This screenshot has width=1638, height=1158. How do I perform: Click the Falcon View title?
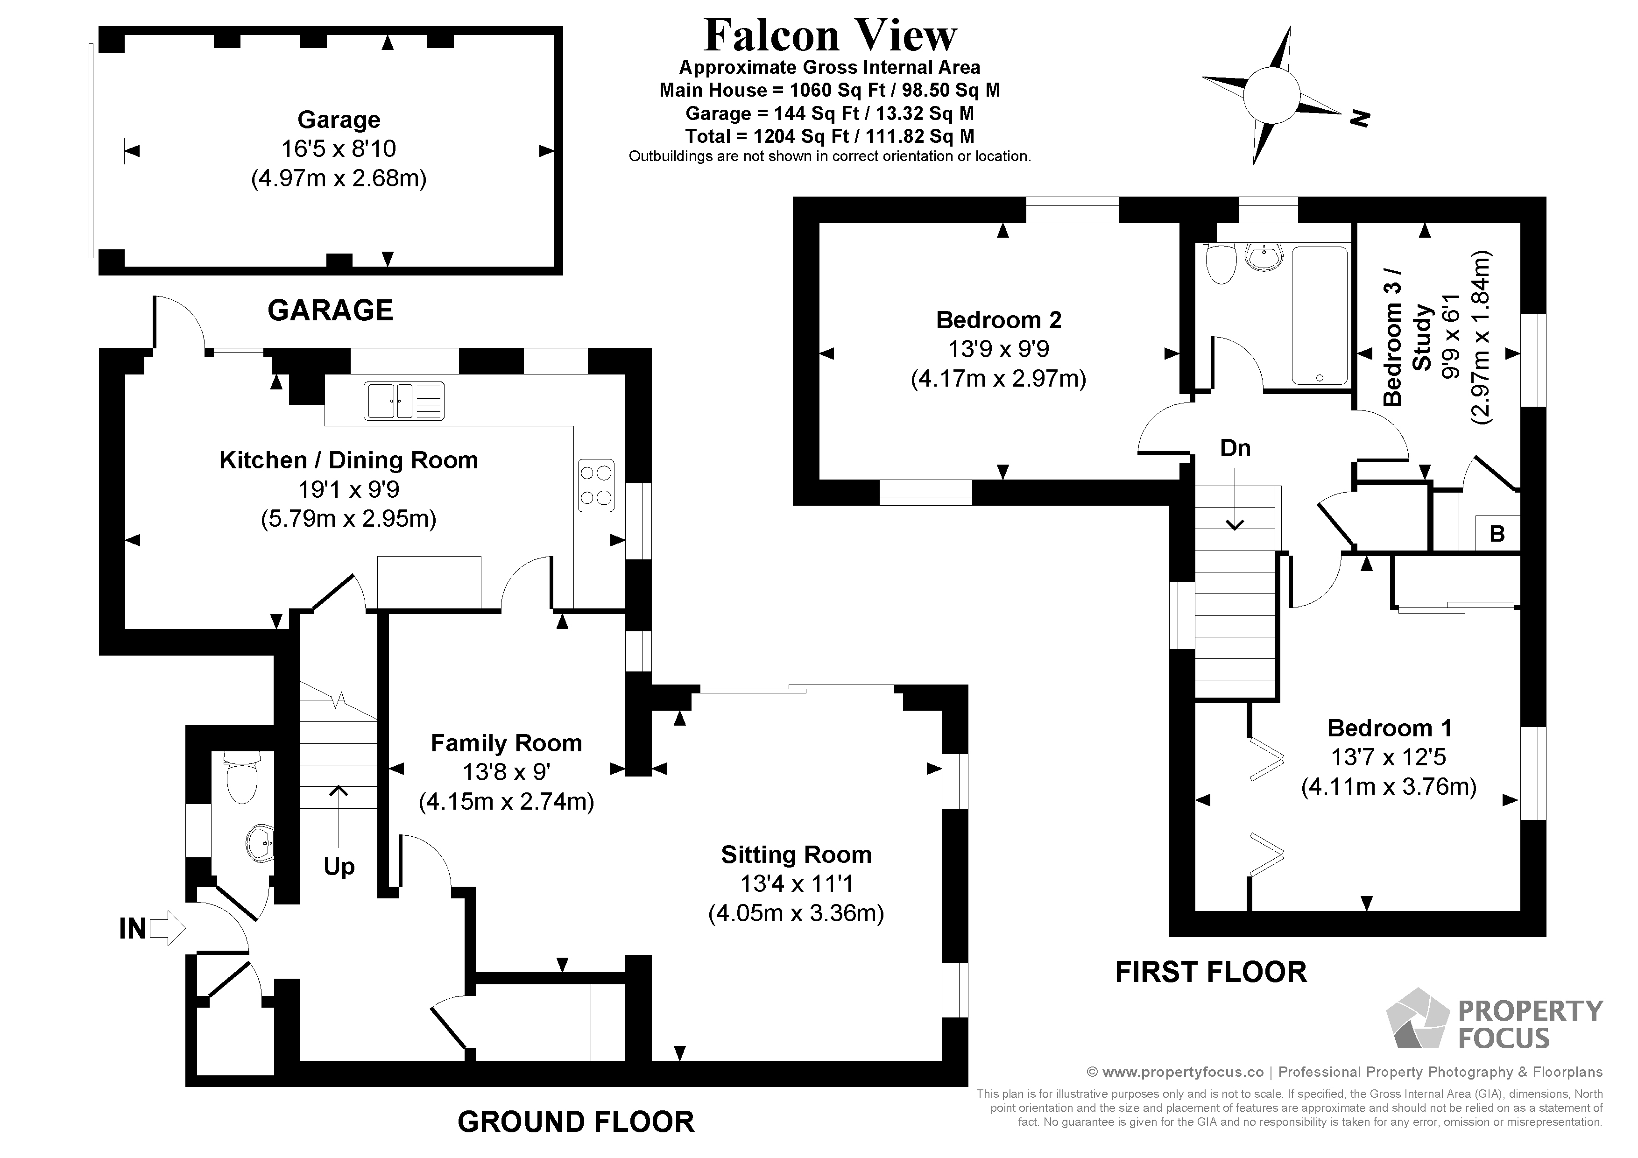point(830,35)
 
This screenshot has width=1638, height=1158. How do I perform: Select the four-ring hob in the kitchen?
point(596,485)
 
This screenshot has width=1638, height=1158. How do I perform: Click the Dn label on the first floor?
point(1235,448)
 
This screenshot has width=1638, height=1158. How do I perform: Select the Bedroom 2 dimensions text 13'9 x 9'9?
point(998,349)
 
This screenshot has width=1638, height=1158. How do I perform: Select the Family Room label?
point(507,743)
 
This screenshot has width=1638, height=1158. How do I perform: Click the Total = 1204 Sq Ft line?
point(830,136)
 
